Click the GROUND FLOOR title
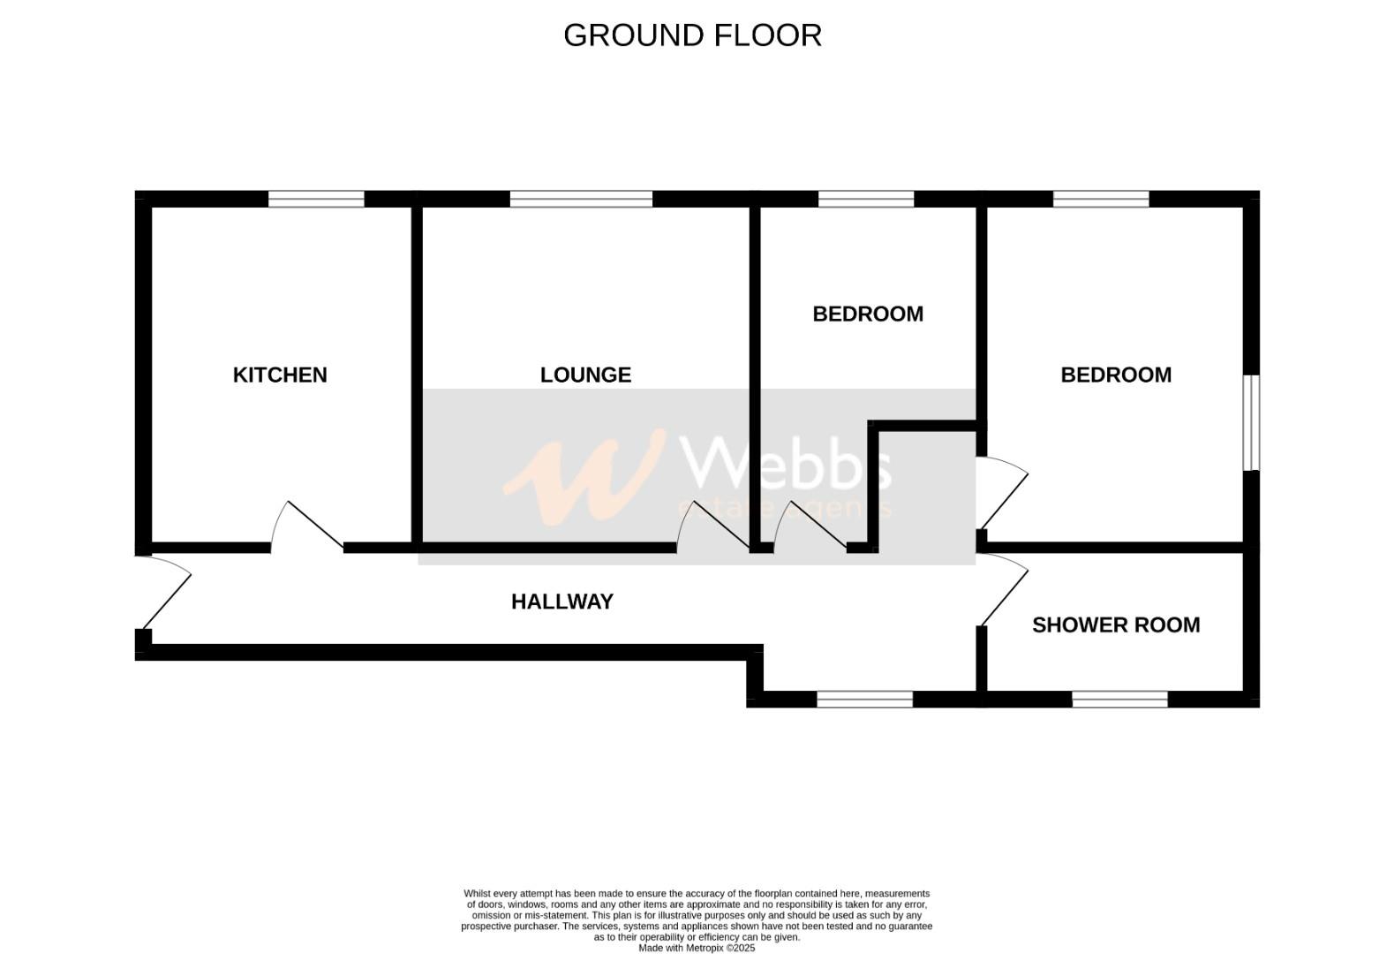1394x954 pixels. [x=692, y=35]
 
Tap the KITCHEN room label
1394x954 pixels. [x=280, y=375]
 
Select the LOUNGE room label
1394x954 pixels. [x=585, y=375]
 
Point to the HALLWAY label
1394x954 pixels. [x=561, y=602]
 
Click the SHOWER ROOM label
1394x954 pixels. [x=1116, y=625]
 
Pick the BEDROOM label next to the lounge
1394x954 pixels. [x=868, y=314]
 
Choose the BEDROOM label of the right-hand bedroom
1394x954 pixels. [x=1116, y=375]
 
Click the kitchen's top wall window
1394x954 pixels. [x=316, y=200]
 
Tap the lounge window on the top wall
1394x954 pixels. [x=581, y=200]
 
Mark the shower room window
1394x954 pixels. [x=1119, y=700]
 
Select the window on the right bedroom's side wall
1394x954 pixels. [x=1251, y=423]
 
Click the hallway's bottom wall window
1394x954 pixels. [x=864, y=700]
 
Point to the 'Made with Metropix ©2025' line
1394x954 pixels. [x=697, y=948]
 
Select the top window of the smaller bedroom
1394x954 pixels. [x=866, y=200]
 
